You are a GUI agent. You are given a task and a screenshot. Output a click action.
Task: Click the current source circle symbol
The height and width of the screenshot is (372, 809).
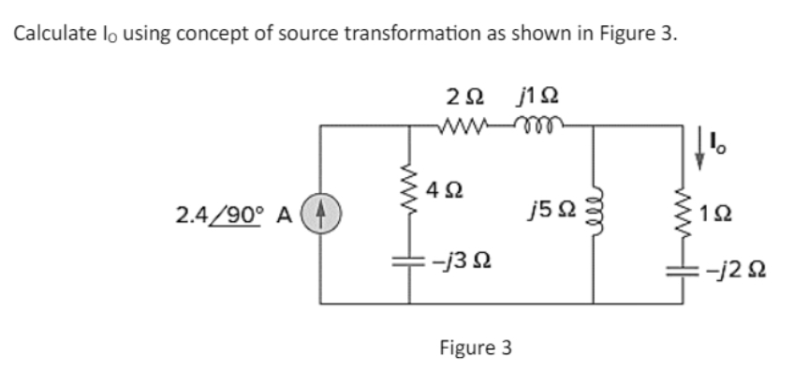click(x=323, y=215)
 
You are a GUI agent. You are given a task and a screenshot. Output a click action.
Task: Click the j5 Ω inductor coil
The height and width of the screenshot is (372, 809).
click(x=592, y=217)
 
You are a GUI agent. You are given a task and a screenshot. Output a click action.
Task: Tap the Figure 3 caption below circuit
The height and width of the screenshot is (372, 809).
click(x=476, y=348)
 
